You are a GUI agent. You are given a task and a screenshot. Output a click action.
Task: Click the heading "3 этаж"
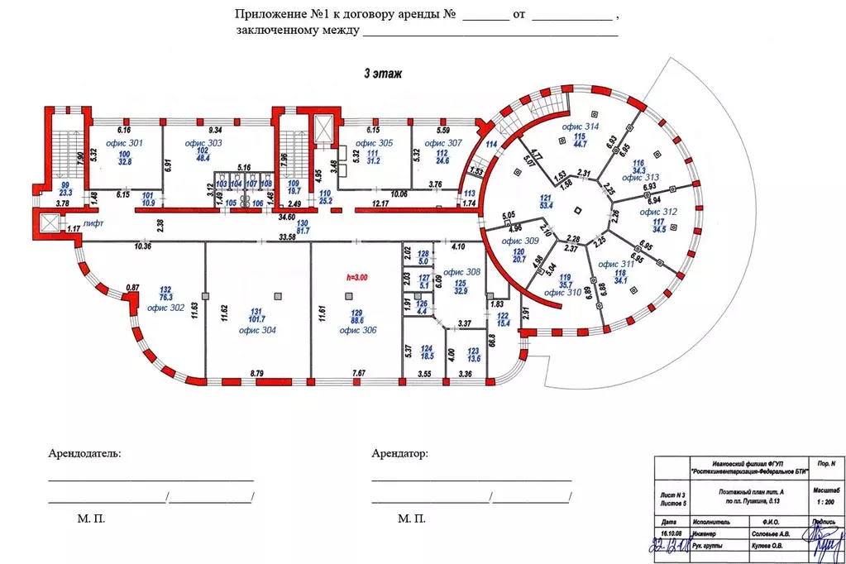click(382, 74)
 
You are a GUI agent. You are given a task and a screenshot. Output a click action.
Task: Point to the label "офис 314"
click(580, 127)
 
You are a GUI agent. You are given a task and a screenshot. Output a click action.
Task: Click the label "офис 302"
click(165, 308)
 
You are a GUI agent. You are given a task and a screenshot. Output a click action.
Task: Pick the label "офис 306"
click(357, 330)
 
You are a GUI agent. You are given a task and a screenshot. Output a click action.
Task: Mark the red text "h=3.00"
click(357, 279)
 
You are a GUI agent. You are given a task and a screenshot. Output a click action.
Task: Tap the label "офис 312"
click(659, 213)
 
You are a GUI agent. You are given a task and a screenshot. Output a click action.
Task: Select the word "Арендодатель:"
click(84, 454)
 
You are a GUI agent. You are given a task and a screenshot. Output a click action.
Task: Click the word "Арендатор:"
click(400, 454)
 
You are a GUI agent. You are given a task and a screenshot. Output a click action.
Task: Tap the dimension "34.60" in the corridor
click(287, 217)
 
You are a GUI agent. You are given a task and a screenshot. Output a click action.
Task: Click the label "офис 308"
click(461, 272)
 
